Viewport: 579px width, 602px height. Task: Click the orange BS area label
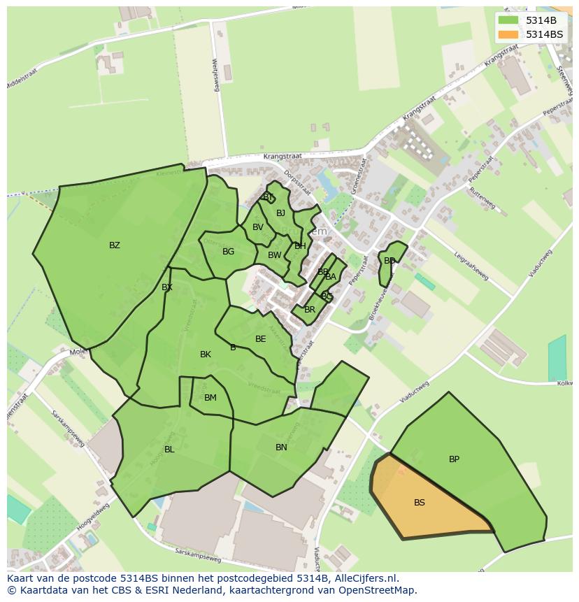420,503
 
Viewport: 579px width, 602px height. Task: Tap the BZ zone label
115,245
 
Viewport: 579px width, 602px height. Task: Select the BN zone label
281,447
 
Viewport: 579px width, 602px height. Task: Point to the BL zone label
169,450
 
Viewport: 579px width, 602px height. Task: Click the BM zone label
210,398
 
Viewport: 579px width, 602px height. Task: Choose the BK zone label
206,354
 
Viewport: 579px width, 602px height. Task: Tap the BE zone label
261,339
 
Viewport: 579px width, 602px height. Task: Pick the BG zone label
228,252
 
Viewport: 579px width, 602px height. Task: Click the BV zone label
258,227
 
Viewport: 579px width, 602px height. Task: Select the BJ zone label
280,213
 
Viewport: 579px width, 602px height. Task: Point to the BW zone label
274,255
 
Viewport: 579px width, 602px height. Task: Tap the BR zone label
310,310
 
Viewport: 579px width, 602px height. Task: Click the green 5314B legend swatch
508,20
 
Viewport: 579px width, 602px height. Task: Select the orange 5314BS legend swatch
508,34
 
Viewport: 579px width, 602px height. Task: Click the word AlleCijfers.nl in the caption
364,578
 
